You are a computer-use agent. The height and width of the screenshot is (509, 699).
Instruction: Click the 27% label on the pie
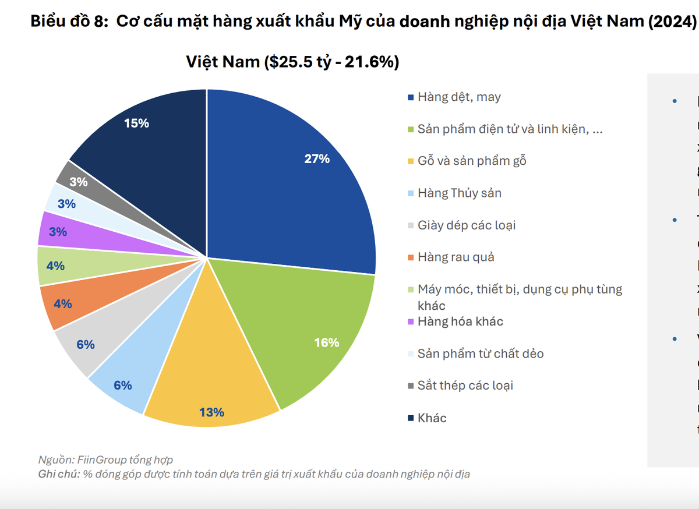(317, 158)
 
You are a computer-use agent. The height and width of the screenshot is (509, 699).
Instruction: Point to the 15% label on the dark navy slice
(136, 123)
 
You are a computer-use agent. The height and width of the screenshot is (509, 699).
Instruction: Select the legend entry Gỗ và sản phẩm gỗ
(472, 161)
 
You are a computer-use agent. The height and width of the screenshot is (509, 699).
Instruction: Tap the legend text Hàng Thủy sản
(459, 193)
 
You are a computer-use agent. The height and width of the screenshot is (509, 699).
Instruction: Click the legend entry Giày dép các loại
(467, 225)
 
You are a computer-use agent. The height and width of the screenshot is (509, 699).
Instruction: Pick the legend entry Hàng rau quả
(456, 257)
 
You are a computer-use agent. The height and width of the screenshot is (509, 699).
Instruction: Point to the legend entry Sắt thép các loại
(465, 386)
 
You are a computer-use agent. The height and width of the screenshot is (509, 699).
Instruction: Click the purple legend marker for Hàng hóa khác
(411, 321)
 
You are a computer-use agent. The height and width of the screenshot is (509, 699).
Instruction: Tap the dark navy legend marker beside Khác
(411, 418)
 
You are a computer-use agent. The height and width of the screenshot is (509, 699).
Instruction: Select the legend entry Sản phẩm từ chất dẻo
(481, 354)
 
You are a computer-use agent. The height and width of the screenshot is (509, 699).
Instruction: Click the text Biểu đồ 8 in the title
(67, 22)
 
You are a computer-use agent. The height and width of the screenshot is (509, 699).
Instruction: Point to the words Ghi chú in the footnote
(58, 474)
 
